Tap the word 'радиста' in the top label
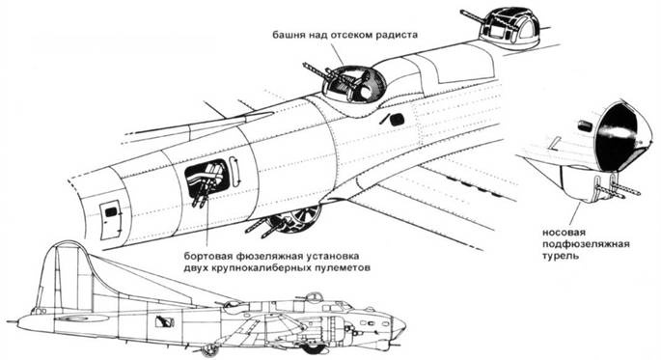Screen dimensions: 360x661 pos(393,34)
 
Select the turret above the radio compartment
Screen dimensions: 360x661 pos(349,83)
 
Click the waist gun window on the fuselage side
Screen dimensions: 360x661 pos(207,180)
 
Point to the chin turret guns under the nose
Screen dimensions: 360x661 pos(614,189)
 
